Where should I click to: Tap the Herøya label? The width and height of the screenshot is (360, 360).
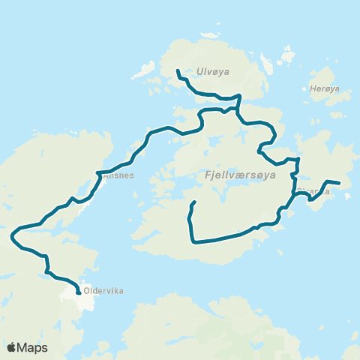click(325, 88)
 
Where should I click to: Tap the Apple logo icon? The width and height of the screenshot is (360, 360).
click(12, 347)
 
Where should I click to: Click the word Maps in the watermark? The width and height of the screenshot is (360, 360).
click(33, 347)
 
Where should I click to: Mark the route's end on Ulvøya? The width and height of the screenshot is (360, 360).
click(177, 70)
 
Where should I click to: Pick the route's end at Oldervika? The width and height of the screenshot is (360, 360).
click(79, 295)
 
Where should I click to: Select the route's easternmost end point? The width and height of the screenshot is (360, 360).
click(340, 183)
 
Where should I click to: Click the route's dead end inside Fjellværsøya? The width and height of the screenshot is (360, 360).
click(195, 202)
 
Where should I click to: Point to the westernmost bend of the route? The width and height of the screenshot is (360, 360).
click(12, 237)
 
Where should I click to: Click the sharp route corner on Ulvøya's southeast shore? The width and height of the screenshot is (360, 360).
click(239, 97)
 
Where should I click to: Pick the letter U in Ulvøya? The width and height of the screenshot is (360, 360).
click(198, 72)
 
